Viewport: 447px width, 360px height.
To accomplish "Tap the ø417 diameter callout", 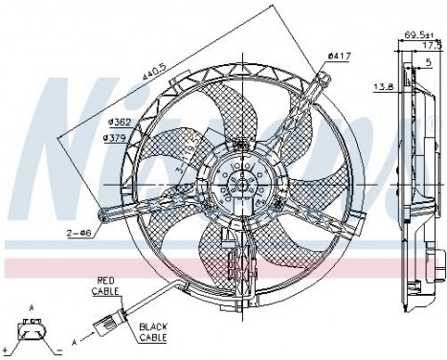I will [338, 57].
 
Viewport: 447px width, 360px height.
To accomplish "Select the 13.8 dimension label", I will [381, 87].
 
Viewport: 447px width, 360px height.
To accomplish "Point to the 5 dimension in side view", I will [429, 64].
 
